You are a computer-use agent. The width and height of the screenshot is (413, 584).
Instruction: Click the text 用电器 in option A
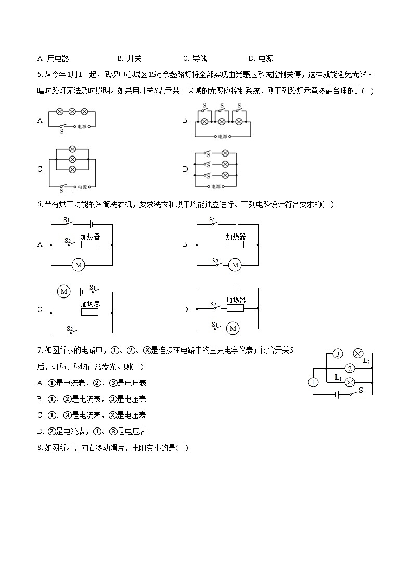58,59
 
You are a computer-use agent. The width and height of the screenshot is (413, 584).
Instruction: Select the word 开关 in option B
134,59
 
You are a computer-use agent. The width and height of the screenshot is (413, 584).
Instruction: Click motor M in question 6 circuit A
79,265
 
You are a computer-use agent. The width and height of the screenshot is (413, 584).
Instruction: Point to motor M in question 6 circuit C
63,292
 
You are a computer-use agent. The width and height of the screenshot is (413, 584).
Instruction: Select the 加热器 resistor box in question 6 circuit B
235,244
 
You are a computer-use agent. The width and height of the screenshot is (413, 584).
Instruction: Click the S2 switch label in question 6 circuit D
213,304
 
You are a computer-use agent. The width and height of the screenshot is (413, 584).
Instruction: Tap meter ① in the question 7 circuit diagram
313,383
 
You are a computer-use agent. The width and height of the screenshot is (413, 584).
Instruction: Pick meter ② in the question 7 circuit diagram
350,369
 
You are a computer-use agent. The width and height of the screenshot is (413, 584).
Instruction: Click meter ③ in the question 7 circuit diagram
338,354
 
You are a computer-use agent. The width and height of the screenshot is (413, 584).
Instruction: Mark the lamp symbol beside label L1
351,383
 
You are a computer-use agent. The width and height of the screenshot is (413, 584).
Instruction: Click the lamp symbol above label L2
358,354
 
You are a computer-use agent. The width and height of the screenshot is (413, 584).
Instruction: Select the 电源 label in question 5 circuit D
216,186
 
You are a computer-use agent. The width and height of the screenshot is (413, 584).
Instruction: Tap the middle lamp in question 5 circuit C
73,159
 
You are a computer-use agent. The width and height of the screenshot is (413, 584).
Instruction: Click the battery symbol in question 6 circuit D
237,288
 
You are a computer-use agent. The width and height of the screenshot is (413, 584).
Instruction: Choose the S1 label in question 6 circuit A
67,220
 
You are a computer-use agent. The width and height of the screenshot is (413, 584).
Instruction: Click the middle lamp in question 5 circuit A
72,111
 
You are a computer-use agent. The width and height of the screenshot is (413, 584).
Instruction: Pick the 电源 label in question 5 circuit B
223,136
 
